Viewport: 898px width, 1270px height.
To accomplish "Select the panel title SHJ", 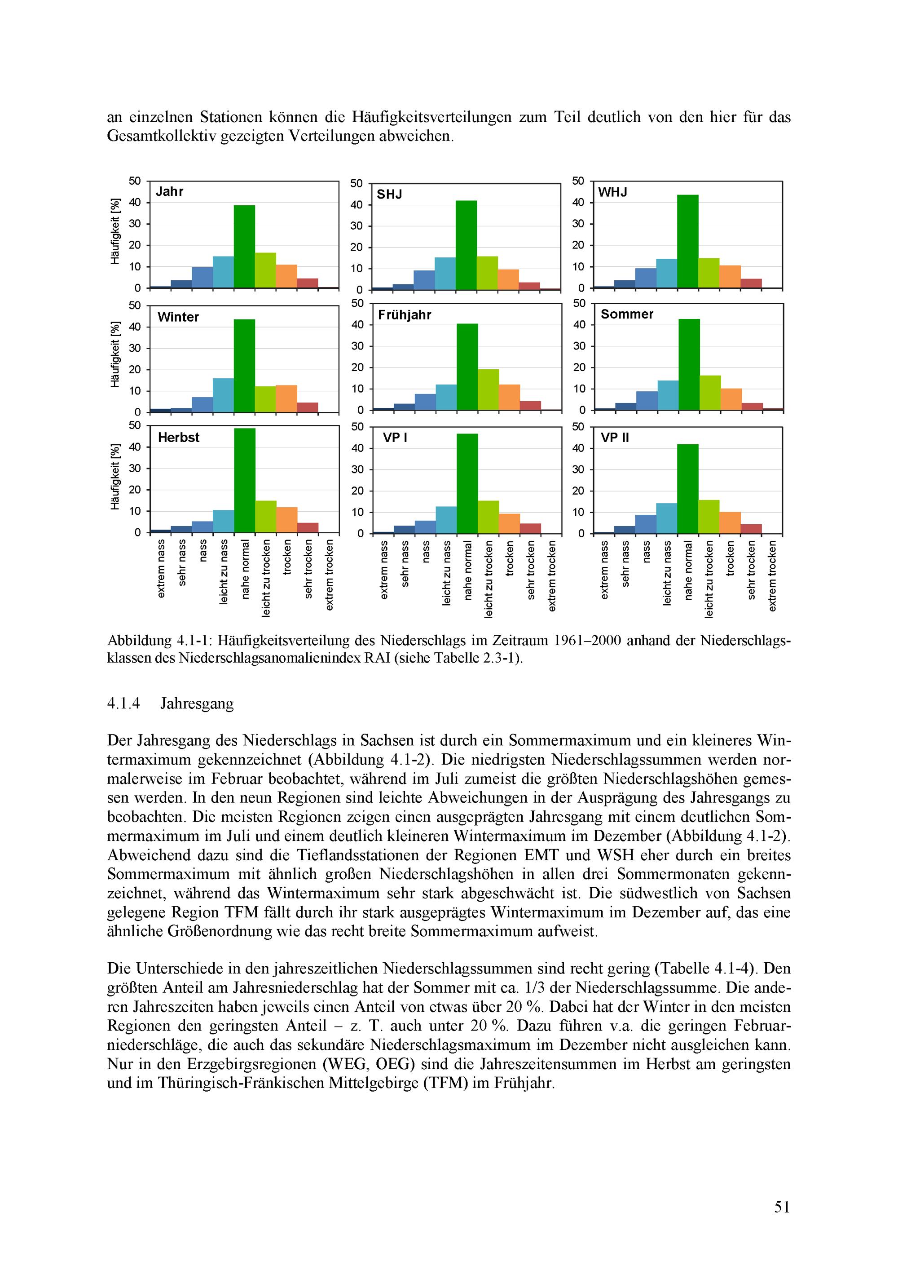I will click(389, 194).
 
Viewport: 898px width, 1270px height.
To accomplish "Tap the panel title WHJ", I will click(613, 192).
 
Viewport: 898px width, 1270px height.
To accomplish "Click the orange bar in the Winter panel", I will click(286, 398).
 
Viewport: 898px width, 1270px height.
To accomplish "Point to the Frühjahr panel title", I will click(404, 315).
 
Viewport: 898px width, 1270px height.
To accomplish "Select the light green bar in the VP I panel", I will click(488, 517).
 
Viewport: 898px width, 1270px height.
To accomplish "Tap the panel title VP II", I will click(615, 438).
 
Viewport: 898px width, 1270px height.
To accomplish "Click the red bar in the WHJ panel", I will click(751, 283).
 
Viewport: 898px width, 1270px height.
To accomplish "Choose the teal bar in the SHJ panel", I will click(445, 273).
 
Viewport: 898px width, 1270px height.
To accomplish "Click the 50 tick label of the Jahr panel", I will click(135, 181).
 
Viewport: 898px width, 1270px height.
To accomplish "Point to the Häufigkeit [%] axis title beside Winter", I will click(115, 354).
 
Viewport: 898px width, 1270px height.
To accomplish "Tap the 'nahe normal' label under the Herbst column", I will click(245, 570).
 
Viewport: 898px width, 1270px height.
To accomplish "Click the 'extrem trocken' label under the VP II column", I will click(772, 576).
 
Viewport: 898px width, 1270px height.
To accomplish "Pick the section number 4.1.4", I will click(123, 704).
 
